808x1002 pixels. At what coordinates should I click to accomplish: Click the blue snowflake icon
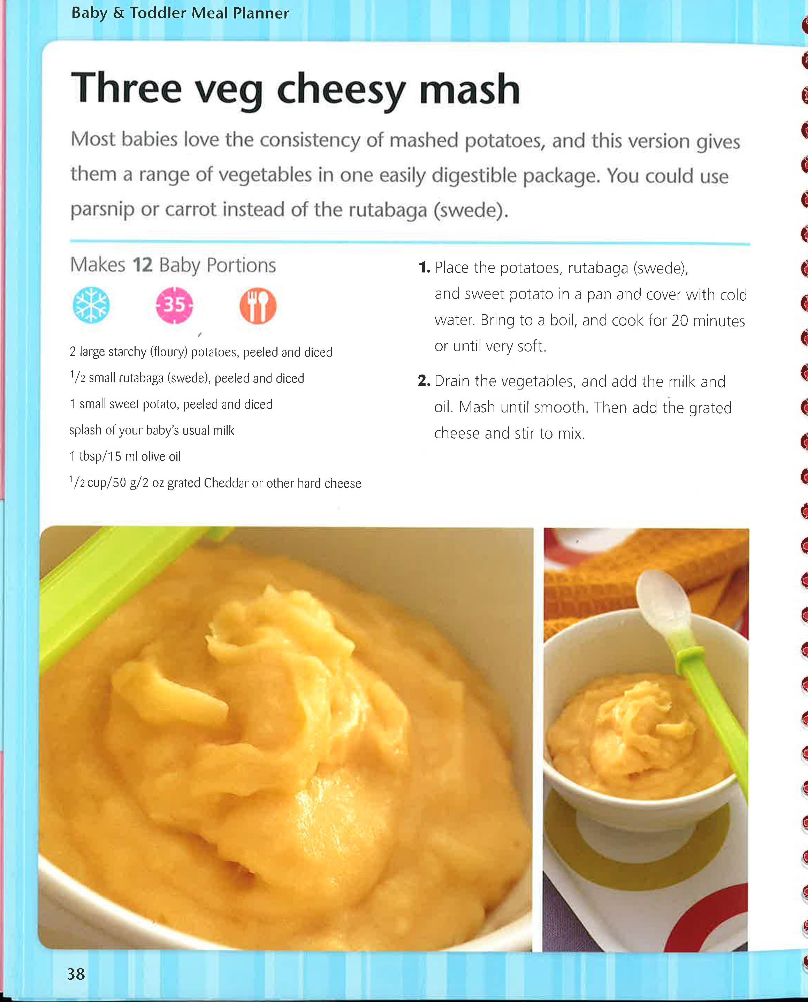coord(91,305)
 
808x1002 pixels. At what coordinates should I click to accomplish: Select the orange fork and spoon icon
coord(258,306)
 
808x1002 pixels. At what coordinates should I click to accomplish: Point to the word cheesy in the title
coord(341,91)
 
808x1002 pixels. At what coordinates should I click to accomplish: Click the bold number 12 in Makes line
coord(143,265)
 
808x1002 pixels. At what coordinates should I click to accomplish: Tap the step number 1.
coord(424,268)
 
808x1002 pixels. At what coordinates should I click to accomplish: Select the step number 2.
coord(424,381)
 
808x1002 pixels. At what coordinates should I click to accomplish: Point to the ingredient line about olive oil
coord(125,456)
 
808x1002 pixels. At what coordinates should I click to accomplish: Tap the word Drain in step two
coord(454,381)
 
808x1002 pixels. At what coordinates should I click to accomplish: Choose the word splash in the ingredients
coord(85,430)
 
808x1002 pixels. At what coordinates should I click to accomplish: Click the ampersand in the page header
coord(119,13)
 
